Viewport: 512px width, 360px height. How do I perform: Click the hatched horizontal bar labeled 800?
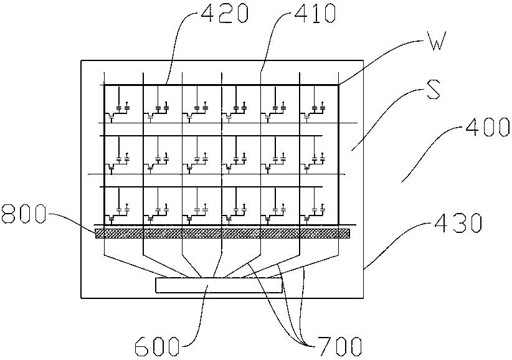pyautogui.click(x=222, y=234)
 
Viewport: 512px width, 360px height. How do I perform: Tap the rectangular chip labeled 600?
pyautogui.click(x=219, y=286)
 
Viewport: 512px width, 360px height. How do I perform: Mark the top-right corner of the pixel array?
pyautogui.click(x=338, y=85)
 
